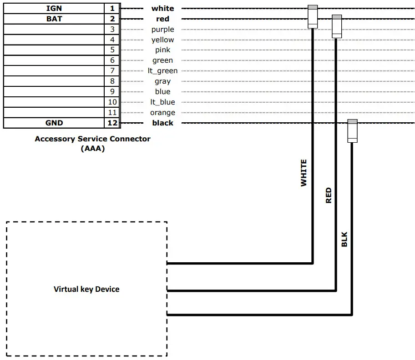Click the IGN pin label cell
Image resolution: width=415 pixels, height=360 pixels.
[x=54, y=8]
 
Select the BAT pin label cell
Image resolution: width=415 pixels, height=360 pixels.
[x=54, y=19]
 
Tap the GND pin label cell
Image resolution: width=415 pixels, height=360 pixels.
[x=54, y=123]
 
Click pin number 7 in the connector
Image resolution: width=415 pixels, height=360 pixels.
[x=112, y=71]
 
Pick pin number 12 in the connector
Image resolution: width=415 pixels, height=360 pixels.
[x=112, y=123]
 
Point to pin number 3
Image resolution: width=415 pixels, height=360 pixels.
[x=112, y=29]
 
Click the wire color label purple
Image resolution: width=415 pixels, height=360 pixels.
[x=162, y=30]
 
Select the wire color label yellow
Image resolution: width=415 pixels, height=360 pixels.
[x=162, y=40]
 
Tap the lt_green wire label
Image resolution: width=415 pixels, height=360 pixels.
[x=162, y=71]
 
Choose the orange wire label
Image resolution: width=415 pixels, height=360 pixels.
[x=162, y=113]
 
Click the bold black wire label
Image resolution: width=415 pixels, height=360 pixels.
[x=162, y=123]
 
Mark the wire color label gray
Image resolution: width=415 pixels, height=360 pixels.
[x=162, y=82]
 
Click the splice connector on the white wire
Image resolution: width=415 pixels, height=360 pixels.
[x=313, y=17]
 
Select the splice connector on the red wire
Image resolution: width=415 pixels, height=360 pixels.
[x=336, y=26]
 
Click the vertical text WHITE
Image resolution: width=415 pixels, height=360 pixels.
[x=304, y=173]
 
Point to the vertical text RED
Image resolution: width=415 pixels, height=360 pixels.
[x=329, y=195]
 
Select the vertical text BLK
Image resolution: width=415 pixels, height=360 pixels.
[x=344, y=240]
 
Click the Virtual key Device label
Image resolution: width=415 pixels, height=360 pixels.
[x=86, y=289]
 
